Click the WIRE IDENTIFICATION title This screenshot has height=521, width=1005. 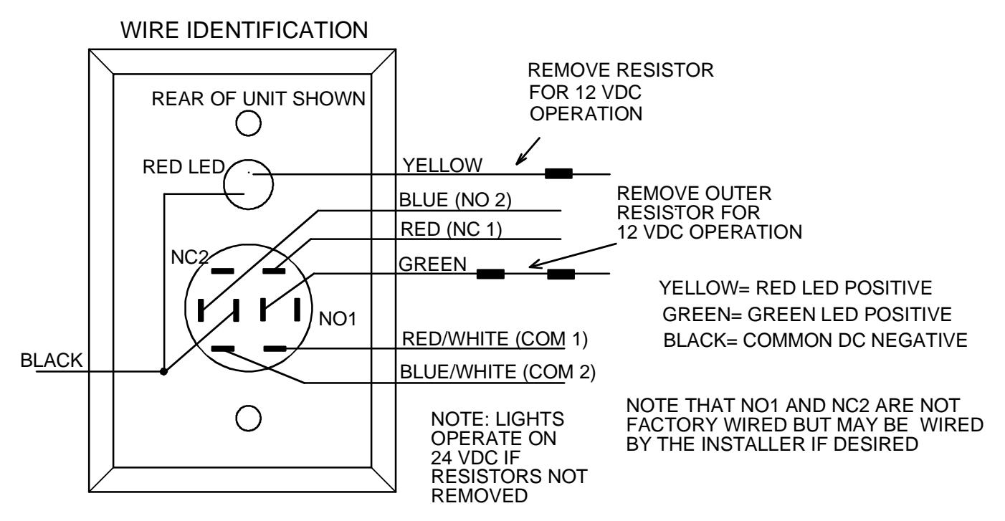pos(244,30)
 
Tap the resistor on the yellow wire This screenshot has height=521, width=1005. pos(558,173)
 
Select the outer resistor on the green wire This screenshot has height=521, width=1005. pos(561,274)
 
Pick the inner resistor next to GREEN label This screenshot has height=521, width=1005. pos(490,274)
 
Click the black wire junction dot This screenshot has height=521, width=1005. pos(163,371)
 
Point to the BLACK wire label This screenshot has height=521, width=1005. pos(52,360)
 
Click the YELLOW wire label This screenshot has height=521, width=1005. pos(442,166)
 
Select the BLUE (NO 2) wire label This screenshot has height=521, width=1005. pos(455,200)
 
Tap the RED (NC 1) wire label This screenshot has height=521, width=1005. pos(451,229)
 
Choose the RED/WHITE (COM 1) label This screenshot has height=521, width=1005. pos(495,340)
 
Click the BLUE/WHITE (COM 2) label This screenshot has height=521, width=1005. pos(497,372)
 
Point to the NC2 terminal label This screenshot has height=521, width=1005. pos(190,257)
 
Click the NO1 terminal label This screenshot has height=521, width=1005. pos(338,319)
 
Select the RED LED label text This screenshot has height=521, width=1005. pos(184,167)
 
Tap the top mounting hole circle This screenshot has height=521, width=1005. pos(249,123)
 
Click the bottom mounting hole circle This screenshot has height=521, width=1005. pos(249,419)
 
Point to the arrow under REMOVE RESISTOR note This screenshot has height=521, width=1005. pos(528,151)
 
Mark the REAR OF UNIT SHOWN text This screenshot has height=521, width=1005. pos(259,99)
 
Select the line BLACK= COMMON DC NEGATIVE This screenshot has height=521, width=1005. pos(815,340)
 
